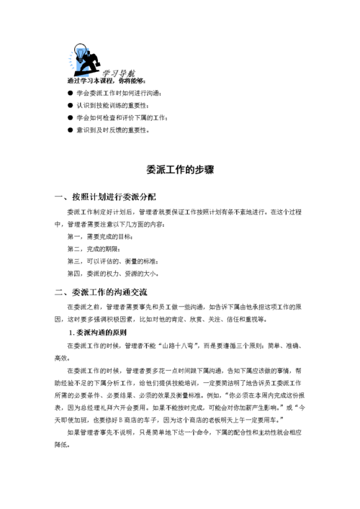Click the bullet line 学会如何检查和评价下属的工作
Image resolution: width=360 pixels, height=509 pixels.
pos(122,117)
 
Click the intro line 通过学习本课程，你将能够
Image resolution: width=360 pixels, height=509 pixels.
pos(105,81)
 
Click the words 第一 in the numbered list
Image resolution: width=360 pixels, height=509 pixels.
pos(73,236)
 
